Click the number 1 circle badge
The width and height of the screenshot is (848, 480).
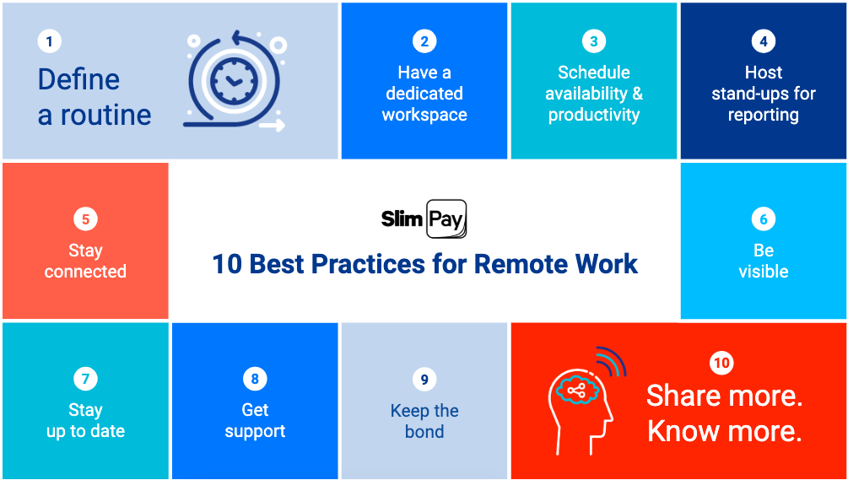(x=50, y=41)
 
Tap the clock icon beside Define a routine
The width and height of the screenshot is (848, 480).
(x=235, y=82)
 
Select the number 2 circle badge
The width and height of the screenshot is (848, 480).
(x=424, y=41)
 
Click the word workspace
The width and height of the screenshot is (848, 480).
(x=424, y=115)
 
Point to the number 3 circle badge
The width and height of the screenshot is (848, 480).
(x=594, y=41)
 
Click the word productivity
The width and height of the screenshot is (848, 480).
(x=594, y=115)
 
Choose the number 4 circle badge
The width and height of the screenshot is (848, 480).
(x=763, y=41)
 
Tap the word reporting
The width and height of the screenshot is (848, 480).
(x=763, y=115)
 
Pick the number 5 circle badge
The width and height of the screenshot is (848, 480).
(x=85, y=219)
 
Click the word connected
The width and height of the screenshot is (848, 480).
(x=85, y=272)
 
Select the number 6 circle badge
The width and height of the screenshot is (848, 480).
(x=763, y=219)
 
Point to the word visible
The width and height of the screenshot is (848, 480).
(x=763, y=272)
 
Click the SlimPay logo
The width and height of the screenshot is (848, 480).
(x=424, y=219)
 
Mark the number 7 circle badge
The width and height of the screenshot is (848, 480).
(x=85, y=380)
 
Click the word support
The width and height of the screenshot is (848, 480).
(x=255, y=432)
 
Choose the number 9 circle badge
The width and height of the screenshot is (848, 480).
(x=424, y=380)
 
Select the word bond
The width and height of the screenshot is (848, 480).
(x=424, y=432)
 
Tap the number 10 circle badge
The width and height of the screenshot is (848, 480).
(x=722, y=363)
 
